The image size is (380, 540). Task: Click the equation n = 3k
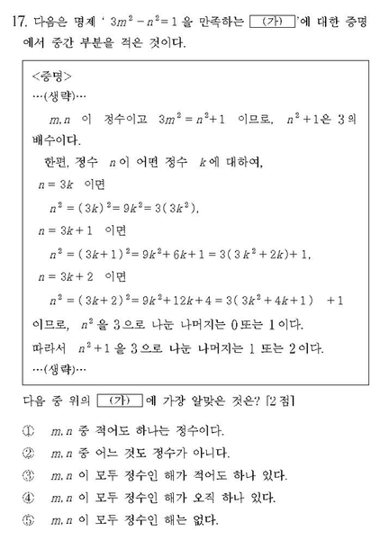tap(55, 185)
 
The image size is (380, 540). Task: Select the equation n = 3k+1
tap(63, 231)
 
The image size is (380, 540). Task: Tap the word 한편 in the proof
tap(54, 163)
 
